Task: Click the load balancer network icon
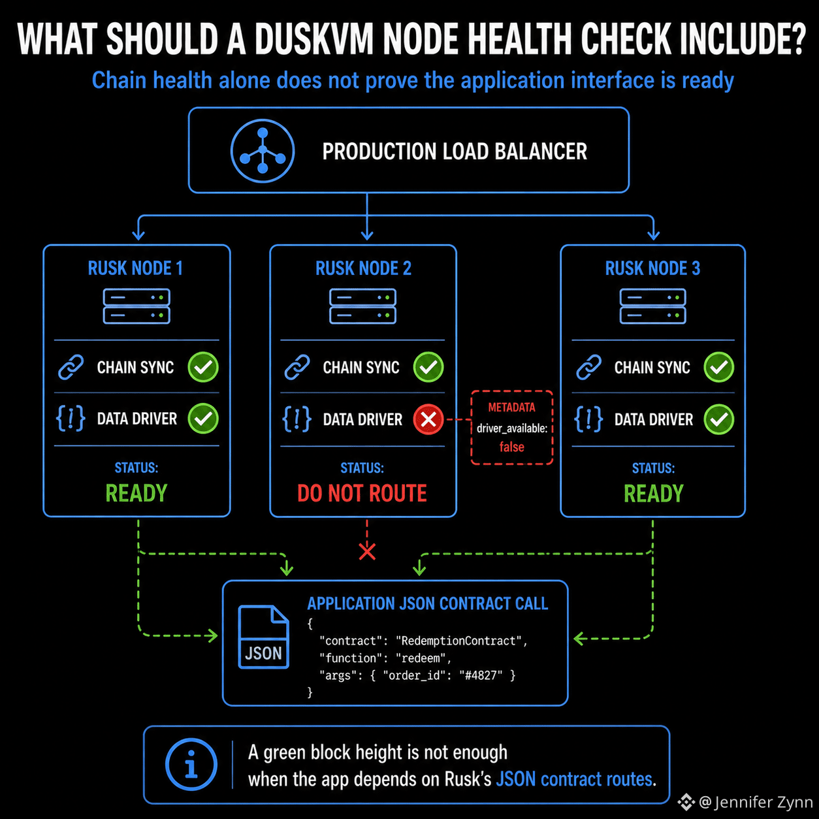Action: click(x=263, y=151)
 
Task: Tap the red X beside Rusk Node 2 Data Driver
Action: click(x=428, y=419)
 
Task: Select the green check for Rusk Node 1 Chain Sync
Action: click(x=203, y=367)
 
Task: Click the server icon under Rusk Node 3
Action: click(x=652, y=306)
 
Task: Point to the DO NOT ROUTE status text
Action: click(x=362, y=493)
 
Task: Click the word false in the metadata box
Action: click(x=512, y=447)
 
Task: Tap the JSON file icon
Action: click(x=263, y=637)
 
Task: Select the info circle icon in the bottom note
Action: click(x=191, y=764)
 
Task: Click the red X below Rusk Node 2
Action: click(x=367, y=552)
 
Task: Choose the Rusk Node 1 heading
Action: click(x=135, y=268)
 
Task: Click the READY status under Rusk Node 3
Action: click(x=653, y=494)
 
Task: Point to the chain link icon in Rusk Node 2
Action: click(x=297, y=367)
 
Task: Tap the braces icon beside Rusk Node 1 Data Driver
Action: click(x=71, y=419)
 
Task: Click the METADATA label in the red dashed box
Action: click(x=512, y=407)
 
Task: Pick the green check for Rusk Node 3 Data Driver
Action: click(x=718, y=419)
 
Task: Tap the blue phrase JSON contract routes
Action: click(x=574, y=779)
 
